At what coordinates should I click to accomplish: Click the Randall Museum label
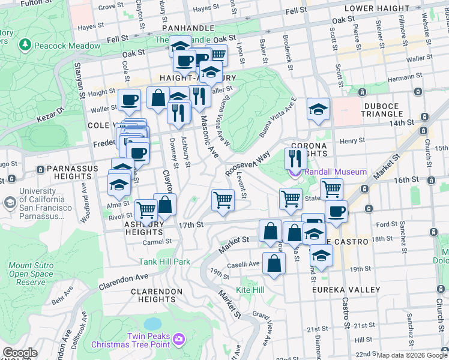pyautogui.click(x=335, y=172)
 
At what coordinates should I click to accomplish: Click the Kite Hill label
pyautogui.click(x=250, y=290)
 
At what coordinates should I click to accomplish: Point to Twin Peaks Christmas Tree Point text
pyautogui.click(x=130, y=340)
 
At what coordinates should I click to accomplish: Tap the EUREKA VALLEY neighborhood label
pyautogui.click(x=346, y=290)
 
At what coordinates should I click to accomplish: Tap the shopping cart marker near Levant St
pyautogui.click(x=223, y=200)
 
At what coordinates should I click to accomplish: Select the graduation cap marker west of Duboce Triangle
pyautogui.click(x=318, y=109)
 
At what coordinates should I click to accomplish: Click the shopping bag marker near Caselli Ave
pyautogui.click(x=274, y=264)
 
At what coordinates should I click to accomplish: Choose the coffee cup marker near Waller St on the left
pyautogui.click(x=128, y=100)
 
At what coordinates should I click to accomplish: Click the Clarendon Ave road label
pyautogui.click(x=123, y=281)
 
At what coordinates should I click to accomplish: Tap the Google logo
pyautogui.click(x=20, y=353)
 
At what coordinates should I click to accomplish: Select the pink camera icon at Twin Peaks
pyautogui.click(x=178, y=340)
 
